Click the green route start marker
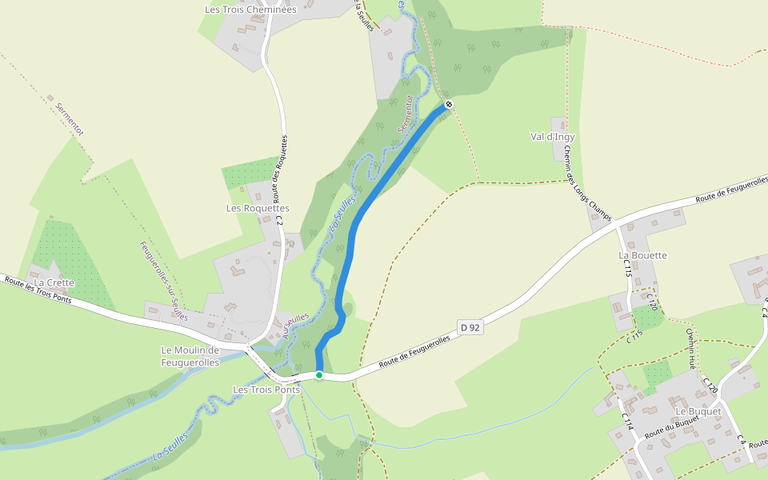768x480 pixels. click(318, 374)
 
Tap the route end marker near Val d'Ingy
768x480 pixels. click(449, 104)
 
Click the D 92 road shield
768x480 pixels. click(470, 326)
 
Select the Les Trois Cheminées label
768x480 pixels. click(250, 10)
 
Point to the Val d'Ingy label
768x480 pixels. click(553, 137)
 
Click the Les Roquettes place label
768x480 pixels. click(258, 208)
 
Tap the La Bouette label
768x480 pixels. click(642, 255)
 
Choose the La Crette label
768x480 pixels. click(54, 282)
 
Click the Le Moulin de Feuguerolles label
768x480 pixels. click(190, 356)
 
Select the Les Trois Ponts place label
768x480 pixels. click(265, 390)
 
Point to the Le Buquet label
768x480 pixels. click(698, 411)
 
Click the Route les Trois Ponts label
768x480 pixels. click(38, 290)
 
